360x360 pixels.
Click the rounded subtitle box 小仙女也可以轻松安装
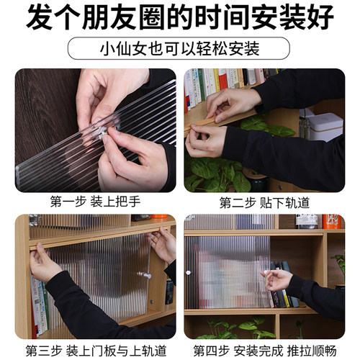tap(180, 50)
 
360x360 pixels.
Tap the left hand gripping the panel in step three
tap(45, 263)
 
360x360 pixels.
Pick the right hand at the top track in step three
tap(162, 244)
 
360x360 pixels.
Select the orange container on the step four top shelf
tap(332, 221)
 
